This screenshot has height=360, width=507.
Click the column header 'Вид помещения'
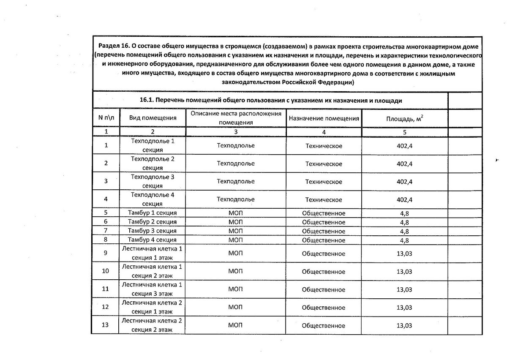[153, 118]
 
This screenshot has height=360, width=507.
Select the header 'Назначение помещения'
[324, 118]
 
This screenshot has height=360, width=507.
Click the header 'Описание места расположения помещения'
[235, 118]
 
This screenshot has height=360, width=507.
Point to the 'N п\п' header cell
[106, 118]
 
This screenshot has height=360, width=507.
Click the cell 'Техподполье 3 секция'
[153, 181]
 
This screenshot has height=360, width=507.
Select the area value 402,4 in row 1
[404, 146]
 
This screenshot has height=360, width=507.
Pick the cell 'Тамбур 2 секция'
[153, 222]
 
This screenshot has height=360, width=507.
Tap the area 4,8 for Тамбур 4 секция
[404, 240]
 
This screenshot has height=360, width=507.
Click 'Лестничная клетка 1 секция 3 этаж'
[152, 289]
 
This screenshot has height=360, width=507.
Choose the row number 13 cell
[106, 325]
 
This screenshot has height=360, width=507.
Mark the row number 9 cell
[106, 253]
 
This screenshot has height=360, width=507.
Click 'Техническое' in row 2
[324, 164]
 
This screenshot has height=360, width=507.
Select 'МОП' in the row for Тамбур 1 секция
[235, 213]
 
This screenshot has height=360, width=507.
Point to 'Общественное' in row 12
[324, 307]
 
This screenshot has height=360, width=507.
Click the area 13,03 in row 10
[404, 271]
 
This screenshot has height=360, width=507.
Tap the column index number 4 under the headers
[324, 132]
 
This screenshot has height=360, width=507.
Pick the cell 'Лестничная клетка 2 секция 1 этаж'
[152, 307]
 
